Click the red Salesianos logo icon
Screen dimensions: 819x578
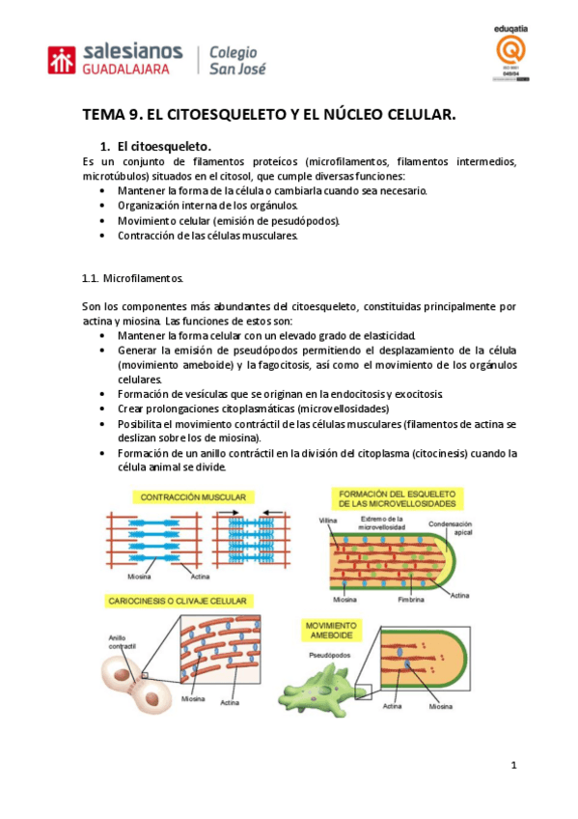click(63, 60)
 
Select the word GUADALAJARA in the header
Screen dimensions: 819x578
click(127, 71)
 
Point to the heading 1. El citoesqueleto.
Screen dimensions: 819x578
click(156, 146)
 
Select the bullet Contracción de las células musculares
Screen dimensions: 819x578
click(208, 235)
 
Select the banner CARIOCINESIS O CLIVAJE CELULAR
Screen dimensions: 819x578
click(180, 601)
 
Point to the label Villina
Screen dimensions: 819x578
click(328, 522)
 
